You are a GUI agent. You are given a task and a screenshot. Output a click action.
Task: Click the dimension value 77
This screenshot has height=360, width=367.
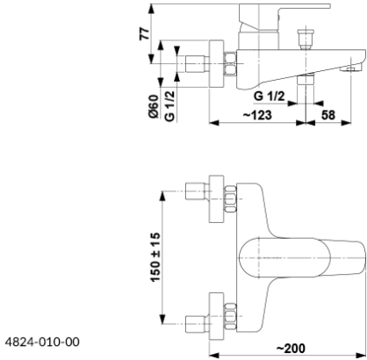145,34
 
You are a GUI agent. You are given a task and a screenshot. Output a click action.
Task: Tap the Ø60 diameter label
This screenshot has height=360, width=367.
154,106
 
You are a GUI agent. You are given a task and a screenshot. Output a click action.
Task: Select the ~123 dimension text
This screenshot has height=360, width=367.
257,115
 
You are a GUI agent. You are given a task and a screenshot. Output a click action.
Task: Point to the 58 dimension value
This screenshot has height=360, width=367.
328,115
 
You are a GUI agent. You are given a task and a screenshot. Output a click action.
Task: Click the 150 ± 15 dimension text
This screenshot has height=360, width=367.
155,257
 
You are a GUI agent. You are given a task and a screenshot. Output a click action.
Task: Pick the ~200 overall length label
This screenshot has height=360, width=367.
291,349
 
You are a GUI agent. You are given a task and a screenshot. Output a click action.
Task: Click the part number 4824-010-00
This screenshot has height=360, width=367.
42,342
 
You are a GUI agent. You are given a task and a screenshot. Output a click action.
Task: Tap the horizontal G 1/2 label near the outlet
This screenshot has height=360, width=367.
270,96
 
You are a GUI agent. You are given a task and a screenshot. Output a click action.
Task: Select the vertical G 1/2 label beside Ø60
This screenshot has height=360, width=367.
169,106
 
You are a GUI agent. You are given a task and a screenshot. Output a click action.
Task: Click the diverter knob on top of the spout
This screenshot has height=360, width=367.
306,39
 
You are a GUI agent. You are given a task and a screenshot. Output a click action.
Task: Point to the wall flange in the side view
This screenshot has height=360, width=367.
217,63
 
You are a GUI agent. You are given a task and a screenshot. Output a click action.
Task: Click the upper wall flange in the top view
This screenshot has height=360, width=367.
216,199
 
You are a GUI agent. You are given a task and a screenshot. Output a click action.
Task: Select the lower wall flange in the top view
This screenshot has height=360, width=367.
216,316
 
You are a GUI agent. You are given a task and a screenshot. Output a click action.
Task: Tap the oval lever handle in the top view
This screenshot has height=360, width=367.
284,258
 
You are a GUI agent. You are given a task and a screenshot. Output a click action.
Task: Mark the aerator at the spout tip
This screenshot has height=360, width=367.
347,69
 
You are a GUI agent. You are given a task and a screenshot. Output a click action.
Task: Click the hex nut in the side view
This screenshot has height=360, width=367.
230,63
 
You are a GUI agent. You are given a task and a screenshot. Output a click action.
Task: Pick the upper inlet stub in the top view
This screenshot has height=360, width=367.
198,191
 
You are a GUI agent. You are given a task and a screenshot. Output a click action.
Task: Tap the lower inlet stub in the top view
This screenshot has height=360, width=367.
198,324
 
